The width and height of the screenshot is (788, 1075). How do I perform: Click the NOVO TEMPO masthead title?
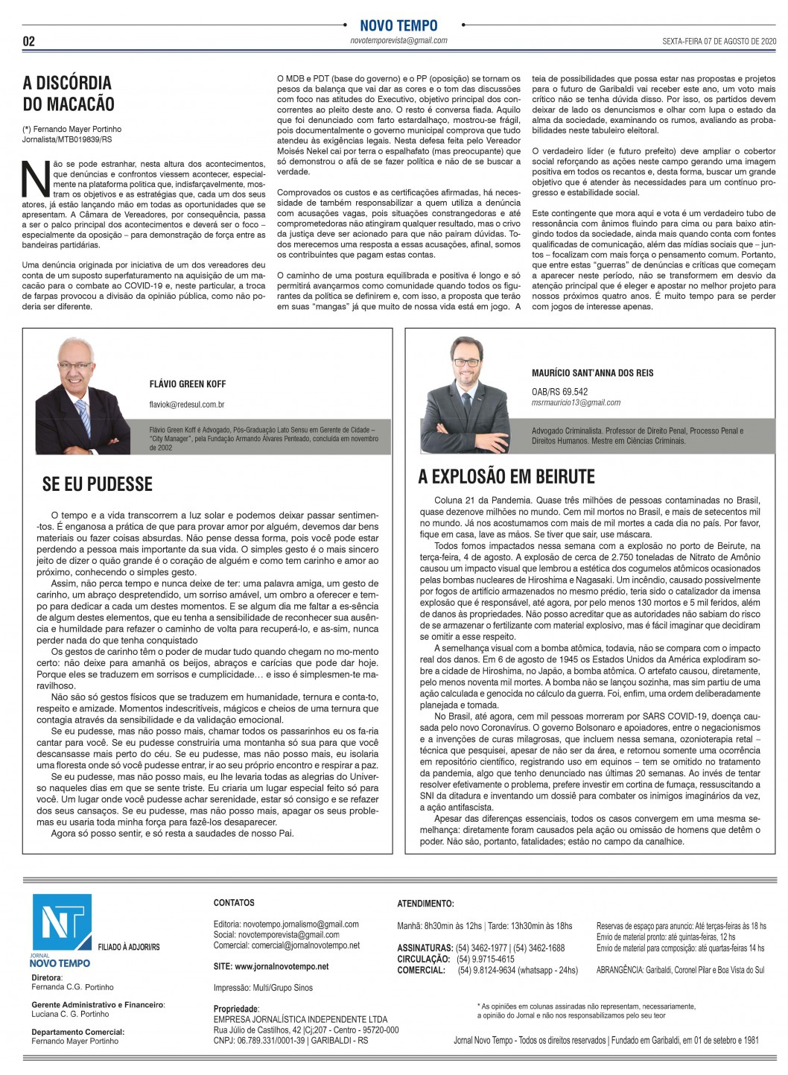pos(398,25)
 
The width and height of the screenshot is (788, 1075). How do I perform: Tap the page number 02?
pos(29,42)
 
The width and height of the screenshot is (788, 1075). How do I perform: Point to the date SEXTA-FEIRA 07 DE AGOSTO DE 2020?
pos(719,41)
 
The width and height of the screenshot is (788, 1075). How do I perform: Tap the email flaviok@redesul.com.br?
pos(187,405)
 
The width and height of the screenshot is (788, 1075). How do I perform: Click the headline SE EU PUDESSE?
pos(97,484)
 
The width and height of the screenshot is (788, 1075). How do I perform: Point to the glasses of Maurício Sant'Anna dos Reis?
pos(466,363)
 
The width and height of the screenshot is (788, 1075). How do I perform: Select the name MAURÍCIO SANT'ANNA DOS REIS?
pos(592,372)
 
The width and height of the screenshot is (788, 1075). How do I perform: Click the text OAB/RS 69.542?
pos(559,392)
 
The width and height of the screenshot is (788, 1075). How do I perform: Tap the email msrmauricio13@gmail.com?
pos(576,403)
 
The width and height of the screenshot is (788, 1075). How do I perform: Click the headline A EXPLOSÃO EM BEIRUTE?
pos(506,477)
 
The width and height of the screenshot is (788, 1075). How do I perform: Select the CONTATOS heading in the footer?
pos(234,903)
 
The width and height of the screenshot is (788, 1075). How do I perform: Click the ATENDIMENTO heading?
pos(425,904)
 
